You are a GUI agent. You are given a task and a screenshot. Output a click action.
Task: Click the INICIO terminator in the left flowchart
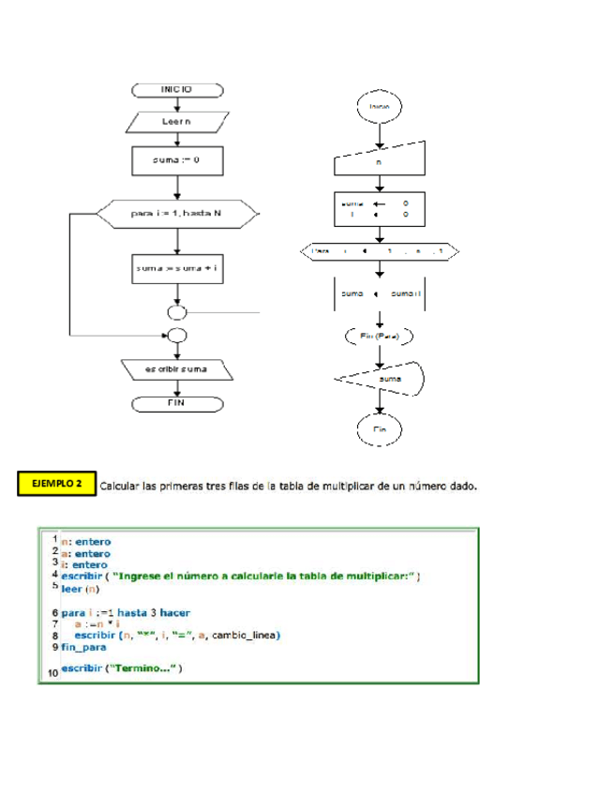point(176,90)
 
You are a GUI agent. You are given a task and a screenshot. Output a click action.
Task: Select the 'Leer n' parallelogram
point(176,122)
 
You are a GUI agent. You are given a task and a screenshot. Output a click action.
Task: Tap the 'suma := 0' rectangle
point(176,160)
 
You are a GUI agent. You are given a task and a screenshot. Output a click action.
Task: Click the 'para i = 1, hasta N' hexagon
point(176,214)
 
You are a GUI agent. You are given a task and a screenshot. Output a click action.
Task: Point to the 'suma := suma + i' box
point(176,269)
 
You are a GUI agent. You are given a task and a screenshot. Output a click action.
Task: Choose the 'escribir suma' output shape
point(176,370)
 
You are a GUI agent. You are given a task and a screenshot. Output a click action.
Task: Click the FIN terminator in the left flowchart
point(176,403)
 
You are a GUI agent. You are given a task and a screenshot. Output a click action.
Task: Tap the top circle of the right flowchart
point(380,108)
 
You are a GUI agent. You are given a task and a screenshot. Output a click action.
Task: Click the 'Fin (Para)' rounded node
point(380,335)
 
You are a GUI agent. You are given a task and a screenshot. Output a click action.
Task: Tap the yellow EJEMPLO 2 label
point(57,484)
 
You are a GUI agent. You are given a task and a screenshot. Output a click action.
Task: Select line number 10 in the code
point(52,671)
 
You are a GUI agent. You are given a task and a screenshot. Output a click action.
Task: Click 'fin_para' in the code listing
point(83,647)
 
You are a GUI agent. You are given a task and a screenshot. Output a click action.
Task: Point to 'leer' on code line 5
point(72,590)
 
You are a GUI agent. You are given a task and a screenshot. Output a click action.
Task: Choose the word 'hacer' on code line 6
point(174,611)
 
